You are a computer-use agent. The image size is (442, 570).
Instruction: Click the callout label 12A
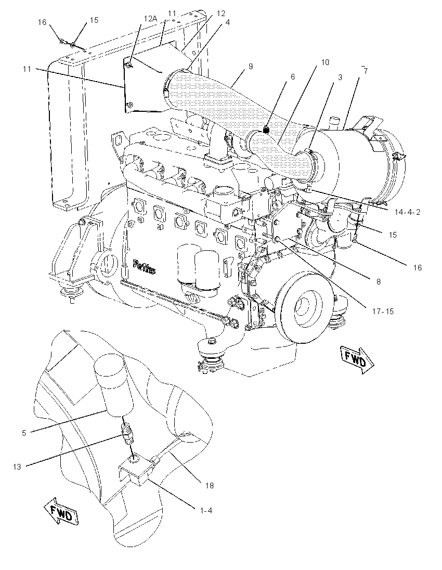coord(150,19)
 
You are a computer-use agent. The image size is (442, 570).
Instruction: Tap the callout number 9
coord(251,67)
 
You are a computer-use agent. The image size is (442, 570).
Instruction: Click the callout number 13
coord(18,467)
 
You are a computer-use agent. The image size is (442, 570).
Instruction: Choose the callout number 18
coord(210,485)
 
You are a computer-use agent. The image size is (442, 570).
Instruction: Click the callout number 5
coord(24,433)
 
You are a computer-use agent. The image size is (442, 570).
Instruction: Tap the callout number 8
coord(379,282)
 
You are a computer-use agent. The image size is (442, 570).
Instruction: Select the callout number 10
coord(325,62)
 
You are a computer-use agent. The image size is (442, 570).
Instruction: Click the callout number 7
coord(366,71)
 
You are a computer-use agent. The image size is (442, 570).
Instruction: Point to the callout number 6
coord(293,76)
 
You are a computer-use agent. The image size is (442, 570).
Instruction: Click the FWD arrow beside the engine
coord(357,360)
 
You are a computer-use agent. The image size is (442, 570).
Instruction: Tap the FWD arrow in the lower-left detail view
coord(61,512)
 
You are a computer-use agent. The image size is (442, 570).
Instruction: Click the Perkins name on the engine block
coord(145,266)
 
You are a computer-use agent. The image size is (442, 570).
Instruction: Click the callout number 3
coord(340,77)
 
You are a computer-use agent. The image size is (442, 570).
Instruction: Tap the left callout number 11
coord(27,69)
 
